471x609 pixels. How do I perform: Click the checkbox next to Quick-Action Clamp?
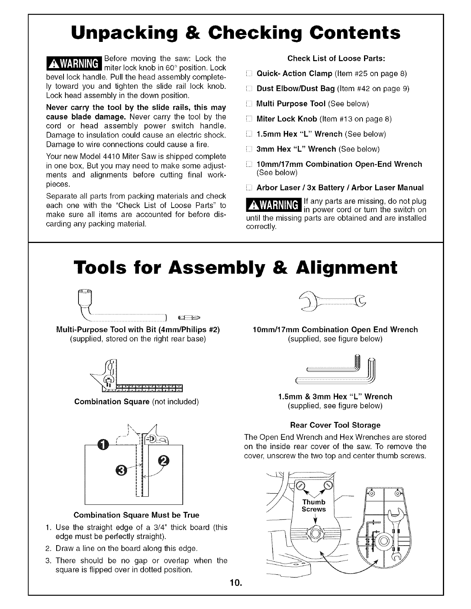coord(249,74)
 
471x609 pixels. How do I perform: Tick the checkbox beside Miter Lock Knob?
coord(249,119)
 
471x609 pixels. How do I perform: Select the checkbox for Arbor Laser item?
coord(249,188)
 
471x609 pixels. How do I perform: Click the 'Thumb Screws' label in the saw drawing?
coord(314,506)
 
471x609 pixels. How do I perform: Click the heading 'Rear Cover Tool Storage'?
coord(335,425)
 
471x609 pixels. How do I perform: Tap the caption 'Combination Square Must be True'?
coord(136,515)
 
